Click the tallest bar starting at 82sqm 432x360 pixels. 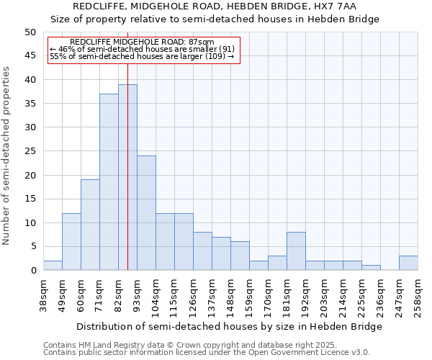coord(127,177)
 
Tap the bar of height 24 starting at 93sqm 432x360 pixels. coord(146,212)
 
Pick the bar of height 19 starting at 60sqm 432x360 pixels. coord(90,225)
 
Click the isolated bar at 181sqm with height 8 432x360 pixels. coord(296,251)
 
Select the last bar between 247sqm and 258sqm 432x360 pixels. coord(408,263)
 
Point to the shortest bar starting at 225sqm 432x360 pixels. coord(371,268)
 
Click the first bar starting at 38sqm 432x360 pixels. coord(53,265)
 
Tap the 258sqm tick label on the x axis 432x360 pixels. coord(418,296)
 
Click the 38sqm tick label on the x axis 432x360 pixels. coord(43,296)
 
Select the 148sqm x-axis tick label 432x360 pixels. coord(230,296)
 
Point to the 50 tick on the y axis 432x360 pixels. coord(30,32)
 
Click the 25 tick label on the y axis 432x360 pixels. coord(30,151)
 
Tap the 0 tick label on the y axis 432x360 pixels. coord(32,271)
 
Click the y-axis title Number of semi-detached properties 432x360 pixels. coord(7,156)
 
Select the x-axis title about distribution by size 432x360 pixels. coord(230,326)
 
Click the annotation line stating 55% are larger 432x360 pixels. coord(143,56)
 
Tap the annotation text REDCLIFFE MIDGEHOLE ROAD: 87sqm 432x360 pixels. coord(143,42)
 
